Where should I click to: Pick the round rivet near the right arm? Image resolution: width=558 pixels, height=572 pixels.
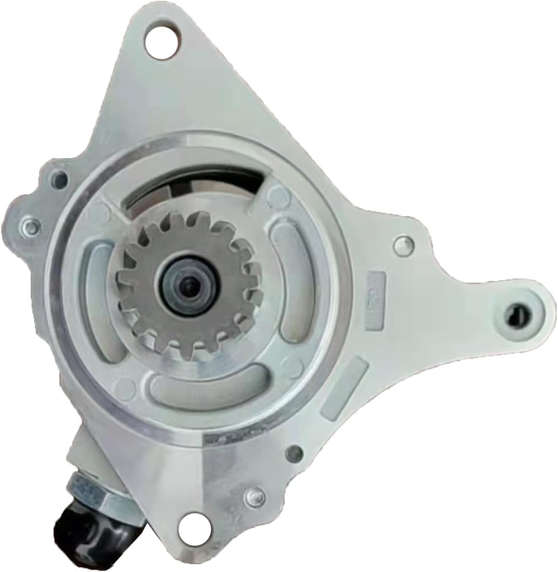(415, 244)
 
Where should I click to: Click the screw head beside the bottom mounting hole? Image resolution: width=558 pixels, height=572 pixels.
(255, 494)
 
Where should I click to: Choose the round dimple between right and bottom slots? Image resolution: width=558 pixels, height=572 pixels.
(291, 364)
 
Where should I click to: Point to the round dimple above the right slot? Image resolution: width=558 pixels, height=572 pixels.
(277, 195)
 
